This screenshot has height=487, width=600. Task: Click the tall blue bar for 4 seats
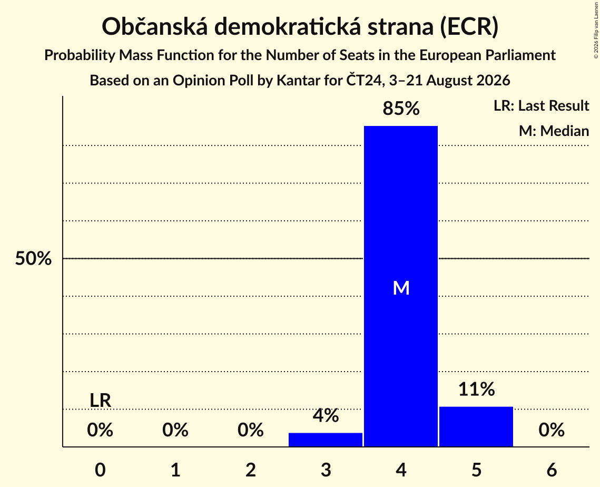coord(401,286)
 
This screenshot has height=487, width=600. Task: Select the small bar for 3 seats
coord(325,440)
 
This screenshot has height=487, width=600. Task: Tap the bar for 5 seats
coord(476,426)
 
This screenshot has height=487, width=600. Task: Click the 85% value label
coord(401,109)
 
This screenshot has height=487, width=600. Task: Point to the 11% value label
coord(476,389)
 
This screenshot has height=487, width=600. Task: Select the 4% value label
coord(326,415)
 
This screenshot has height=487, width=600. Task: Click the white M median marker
coord(401,288)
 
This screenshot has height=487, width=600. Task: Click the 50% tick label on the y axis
coord(33,258)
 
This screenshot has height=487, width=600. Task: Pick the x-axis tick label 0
coord(100,470)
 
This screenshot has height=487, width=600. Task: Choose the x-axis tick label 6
coord(552,470)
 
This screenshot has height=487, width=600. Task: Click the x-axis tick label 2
coord(251,470)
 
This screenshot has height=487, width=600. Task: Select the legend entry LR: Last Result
coord(541,105)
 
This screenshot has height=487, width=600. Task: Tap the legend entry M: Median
coord(554,131)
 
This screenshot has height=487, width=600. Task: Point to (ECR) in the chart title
coord(469,27)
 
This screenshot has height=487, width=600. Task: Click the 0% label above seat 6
coord(552,430)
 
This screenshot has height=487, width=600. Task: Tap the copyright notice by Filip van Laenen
coord(596,31)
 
